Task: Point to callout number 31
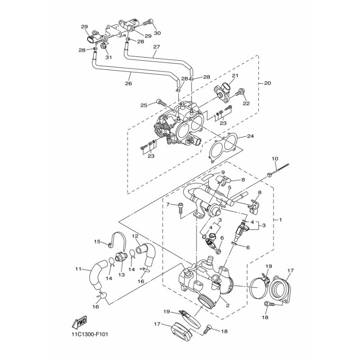(x=108, y=57)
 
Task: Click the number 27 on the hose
(x=156, y=47)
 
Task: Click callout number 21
(x=235, y=76)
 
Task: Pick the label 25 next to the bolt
(x=144, y=105)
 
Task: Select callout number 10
(x=275, y=159)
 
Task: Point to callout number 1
(x=280, y=220)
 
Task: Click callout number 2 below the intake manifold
(x=228, y=306)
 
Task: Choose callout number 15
(x=97, y=242)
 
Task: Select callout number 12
(x=135, y=236)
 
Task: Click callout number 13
(x=121, y=274)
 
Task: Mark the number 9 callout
(x=222, y=172)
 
